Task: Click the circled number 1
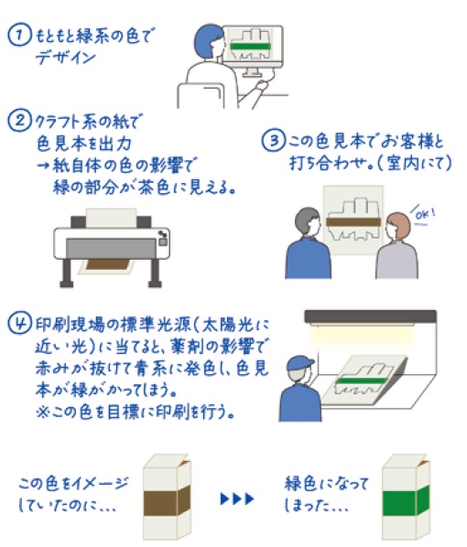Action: [19, 36]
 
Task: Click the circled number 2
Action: [19, 121]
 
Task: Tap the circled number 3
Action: [273, 140]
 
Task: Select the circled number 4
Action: [20, 324]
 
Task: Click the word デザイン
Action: [65, 57]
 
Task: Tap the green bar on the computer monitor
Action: [251, 47]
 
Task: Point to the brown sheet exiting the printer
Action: [107, 264]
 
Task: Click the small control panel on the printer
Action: [163, 238]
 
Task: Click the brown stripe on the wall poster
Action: [353, 222]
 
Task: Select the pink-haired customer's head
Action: [397, 227]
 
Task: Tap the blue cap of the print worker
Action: [299, 363]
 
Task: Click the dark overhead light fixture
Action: [370, 316]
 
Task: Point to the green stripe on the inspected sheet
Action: [362, 381]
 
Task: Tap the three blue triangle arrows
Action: [237, 499]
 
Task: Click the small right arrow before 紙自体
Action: [44, 166]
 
